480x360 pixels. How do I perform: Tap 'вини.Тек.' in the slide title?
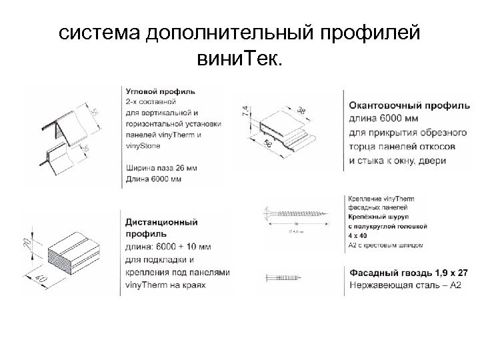pyautogui.click(x=239, y=61)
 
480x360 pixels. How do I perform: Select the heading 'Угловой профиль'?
pyautogui.click(x=160, y=91)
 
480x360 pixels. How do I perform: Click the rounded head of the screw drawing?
pyautogui.click(x=272, y=215)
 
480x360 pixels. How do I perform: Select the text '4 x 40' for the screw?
pyautogui.click(x=360, y=236)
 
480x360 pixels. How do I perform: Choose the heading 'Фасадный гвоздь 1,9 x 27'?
pyautogui.click(x=408, y=273)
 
